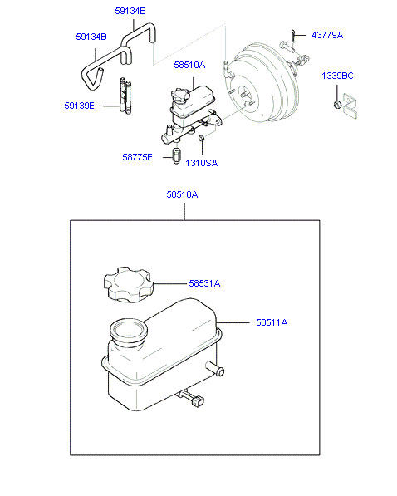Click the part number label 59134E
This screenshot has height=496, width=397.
pyautogui.click(x=130, y=11)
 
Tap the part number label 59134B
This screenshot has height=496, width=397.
pyautogui.click(x=91, y=37)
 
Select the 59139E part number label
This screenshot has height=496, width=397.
pyautogui.click(x=79, y=106)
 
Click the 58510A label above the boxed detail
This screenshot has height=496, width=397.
pyautogui.click(x=182, y=194)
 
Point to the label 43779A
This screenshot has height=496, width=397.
pyautogui.click(x=327, y=35)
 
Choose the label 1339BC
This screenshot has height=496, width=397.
pyautogui.click(x=337, y=76)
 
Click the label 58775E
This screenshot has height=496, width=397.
pyautogui.click(x=137, y=157)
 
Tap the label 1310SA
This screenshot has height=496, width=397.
pyautogui.click(x=202, y=163)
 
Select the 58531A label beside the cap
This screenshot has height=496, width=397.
pyautogui.click(x=204, y=283)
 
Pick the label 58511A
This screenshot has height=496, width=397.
pyautogui.click(x=272, y=322)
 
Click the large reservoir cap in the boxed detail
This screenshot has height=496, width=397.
pyautogui.click(x=129, y=285)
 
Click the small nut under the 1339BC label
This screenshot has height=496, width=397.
pyautogui.click(x=337, y=104)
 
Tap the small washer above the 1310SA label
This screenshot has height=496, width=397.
pyautogui.click(x=201, y=138)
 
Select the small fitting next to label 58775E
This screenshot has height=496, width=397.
pyautogui.click(x=176, y=156)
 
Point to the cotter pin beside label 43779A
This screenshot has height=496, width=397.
pyautogui.click(x=293, y=35)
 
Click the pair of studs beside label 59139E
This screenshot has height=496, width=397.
pyautogui.click(x=125, y=96)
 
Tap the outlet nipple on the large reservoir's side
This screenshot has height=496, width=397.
pyautogui.click(x=215, y=369)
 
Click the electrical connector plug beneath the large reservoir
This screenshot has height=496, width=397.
pyautogui.click(x=198, y=401)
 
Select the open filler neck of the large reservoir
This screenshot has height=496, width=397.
pyautogui.click(x=128, y=331)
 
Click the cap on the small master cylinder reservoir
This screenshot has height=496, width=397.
pyautogui.click(x=180, y=96)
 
